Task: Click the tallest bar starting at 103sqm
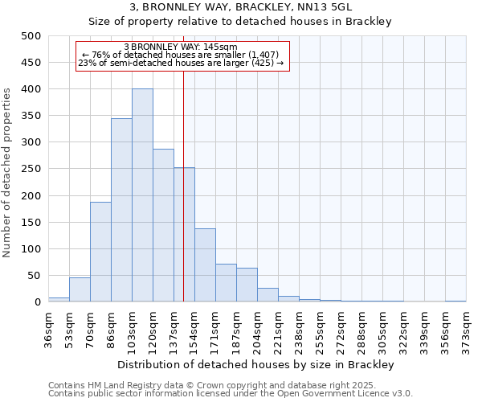[142, 195]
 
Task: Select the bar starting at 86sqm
[121, 210]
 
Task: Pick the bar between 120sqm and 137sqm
[163, 225]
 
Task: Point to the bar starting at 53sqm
[80, 289]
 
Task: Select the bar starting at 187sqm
[247, 285]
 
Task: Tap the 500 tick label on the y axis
[31, 36]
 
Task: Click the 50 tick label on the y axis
[34, 276]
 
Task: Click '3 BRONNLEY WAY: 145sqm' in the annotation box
[181, 47]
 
